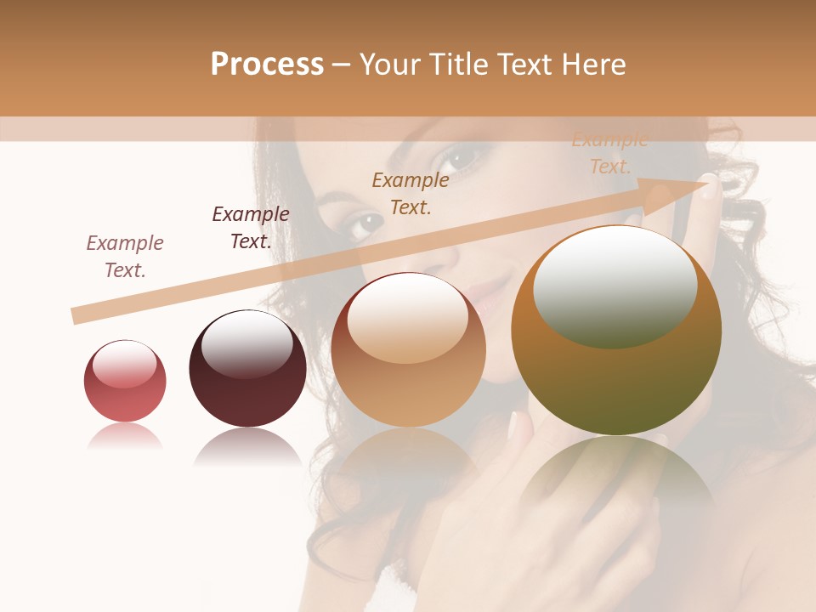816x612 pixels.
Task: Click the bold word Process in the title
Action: point(267,65)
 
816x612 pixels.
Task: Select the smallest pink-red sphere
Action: point(125,382)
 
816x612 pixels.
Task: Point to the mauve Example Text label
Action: point(125,257)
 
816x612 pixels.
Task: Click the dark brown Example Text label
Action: point(251,228)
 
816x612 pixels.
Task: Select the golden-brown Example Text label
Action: point(411,194)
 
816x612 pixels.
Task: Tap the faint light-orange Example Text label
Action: point(609,154)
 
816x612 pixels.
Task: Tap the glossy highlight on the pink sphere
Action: point(124,364)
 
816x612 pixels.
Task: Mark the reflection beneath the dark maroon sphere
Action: point(247,446)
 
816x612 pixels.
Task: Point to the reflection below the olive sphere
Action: point(616,476)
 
